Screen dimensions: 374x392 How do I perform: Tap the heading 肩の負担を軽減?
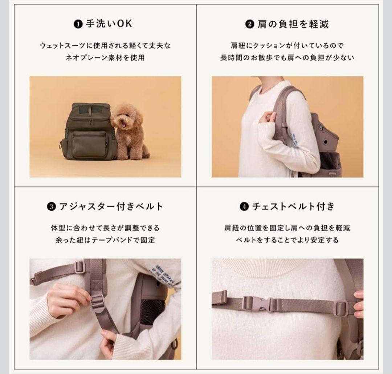pos(292,24)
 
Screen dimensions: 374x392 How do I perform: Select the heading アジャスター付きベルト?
pos(110,207)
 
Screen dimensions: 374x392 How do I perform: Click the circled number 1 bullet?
pos(77,24)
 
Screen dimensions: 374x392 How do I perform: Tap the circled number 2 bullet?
pos(249,25)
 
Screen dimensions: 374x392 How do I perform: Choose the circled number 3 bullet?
pos(51,207)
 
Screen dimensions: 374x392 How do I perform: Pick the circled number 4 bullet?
pos(244,207)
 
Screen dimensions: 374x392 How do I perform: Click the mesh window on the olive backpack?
pos(89,109)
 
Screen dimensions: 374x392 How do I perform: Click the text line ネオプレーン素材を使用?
pos(105,57)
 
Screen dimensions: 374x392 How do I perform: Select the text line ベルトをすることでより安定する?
pos(287,240)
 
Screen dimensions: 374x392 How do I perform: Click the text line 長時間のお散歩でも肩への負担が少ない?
pos(287,57)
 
